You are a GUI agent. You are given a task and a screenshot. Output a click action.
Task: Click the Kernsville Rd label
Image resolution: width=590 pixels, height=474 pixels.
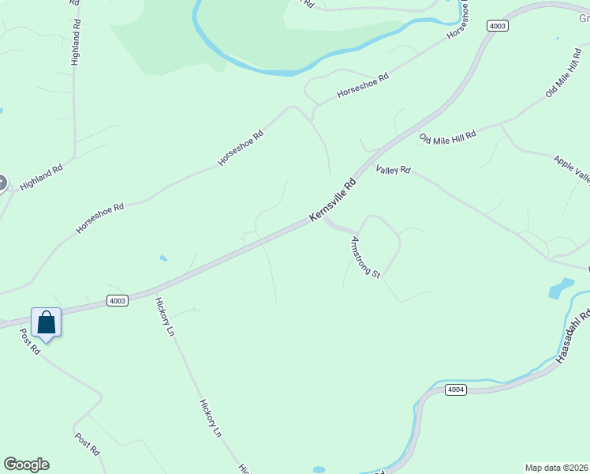pos(333,200)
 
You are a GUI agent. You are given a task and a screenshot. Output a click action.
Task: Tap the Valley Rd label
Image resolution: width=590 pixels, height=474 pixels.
pos(394,169)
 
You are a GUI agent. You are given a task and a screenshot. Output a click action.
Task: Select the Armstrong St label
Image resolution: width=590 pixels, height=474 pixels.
pos(365,258)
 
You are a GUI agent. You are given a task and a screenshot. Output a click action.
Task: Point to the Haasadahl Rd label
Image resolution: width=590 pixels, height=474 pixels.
pos(573,337)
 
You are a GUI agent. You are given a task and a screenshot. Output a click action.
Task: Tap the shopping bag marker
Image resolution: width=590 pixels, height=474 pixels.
pos(47,323)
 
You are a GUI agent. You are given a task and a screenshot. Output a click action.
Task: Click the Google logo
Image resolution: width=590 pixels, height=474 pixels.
pos(26,465)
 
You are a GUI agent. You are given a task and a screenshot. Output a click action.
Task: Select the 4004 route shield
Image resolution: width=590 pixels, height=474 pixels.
pos(455,389)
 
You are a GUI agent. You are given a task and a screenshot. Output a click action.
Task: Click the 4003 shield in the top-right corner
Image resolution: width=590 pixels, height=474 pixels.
pos(498,25)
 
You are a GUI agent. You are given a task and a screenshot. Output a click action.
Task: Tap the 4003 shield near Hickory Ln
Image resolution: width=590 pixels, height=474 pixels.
pos(117,301)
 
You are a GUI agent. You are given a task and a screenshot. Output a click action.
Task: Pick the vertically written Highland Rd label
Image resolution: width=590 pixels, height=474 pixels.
pos(76,43)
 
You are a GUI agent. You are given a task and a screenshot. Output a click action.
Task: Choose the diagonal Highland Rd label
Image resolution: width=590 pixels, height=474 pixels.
pos(41,177)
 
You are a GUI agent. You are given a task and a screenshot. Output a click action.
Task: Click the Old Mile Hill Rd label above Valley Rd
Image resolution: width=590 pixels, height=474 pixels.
pos(448,137)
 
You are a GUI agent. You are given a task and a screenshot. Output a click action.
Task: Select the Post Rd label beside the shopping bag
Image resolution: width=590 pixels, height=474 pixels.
pos(30,340)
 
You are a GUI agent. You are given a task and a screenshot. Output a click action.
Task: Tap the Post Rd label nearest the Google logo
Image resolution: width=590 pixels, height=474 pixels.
pos(88,443)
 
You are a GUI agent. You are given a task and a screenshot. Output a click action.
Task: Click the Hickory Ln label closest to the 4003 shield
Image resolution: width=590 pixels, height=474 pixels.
pos(164,318)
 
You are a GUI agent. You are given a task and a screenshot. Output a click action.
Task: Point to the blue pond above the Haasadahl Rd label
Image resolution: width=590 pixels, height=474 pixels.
pos(561,288)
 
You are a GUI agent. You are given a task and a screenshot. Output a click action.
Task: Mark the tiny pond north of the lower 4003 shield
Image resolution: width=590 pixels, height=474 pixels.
pos(163,258)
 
